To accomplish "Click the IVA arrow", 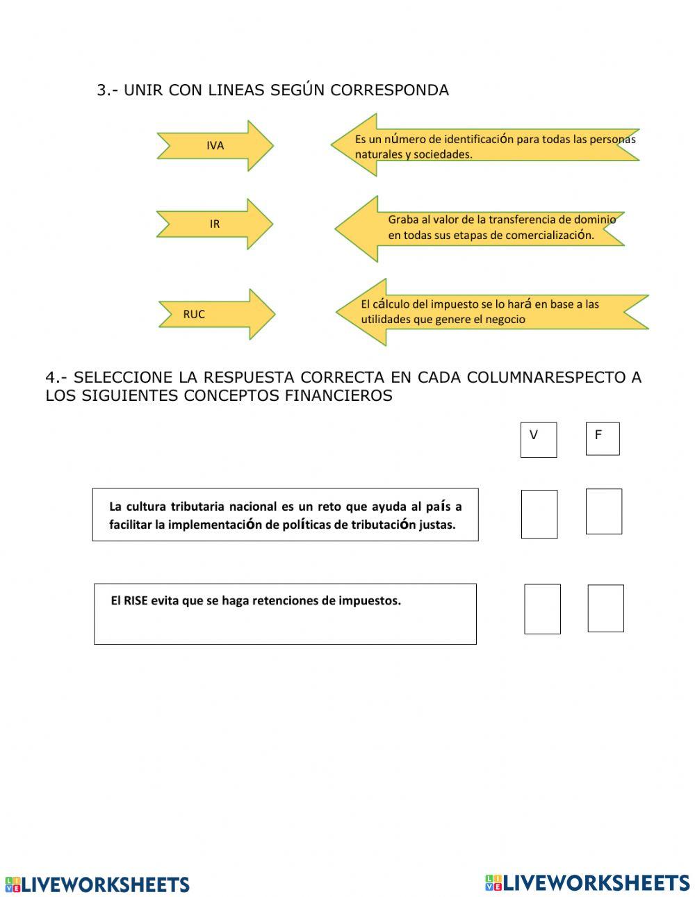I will (215, 146).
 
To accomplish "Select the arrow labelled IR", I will (215, 224).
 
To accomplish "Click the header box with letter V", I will (539, 439).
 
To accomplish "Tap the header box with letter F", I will (603, 438).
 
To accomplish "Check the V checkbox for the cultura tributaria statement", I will (539, 514).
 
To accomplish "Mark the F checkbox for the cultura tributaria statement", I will (604, 511).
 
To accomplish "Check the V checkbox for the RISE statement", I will (542, 609).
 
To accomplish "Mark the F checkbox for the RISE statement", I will (605, 608).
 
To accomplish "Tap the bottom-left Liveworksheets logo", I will (97, 884).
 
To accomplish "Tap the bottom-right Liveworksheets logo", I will (587, 882).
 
